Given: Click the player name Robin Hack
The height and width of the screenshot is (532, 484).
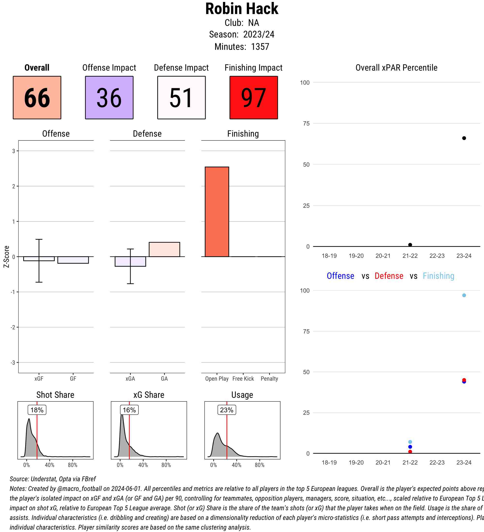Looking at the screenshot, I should coord(242,9).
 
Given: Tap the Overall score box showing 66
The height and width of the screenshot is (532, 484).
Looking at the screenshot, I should coord(37,98).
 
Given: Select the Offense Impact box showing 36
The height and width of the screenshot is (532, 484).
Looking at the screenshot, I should coord(109,98).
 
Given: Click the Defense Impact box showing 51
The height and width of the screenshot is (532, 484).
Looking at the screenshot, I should coord(181,98).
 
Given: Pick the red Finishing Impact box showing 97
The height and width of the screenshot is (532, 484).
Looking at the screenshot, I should coord(253,98).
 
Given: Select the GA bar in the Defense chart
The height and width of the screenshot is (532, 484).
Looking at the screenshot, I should coord(164,249).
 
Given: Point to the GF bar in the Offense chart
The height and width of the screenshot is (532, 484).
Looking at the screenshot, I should coord(73,260).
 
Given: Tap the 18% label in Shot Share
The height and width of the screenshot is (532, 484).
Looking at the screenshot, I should coord(37,410).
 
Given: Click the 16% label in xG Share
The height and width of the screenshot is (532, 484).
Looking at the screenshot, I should coord(129,410).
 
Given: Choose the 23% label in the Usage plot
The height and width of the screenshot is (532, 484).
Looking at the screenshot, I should coord(227,410).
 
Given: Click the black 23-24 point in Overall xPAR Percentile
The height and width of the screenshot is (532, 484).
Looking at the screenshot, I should coord(464,138).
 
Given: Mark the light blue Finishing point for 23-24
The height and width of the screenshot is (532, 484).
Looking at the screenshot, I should coord(464,295).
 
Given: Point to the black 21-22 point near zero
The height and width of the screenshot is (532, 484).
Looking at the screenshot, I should coord(410,245).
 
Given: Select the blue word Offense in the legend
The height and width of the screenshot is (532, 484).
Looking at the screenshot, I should coord(340,276).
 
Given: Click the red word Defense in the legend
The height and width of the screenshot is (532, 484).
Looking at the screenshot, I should coord(389,276).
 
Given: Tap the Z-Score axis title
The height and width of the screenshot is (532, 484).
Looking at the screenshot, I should coord(7,257).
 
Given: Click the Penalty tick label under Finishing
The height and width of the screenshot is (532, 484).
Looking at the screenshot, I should coord(269,379).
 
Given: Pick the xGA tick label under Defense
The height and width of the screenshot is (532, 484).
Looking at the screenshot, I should coord(130,379).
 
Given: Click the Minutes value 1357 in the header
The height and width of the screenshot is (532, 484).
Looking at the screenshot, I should coord(260,47).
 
